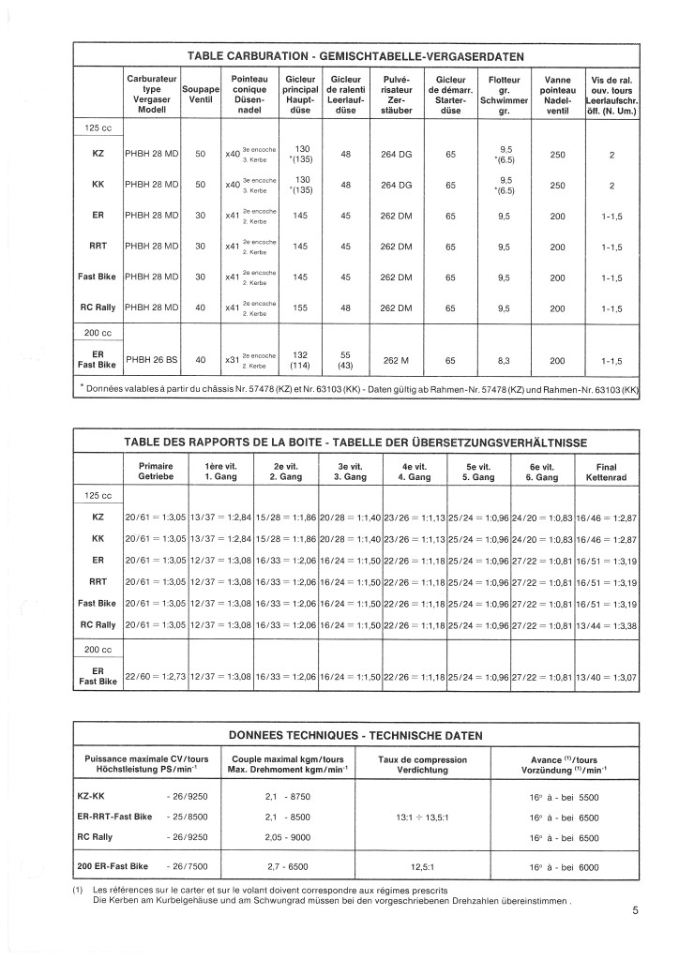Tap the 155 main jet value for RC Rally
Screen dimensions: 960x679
pos(301,307)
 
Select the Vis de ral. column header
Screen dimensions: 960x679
pos(610,95)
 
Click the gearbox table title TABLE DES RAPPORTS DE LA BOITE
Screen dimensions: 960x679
pos(355,442)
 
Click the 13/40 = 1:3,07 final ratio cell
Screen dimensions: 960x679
pos(606,676)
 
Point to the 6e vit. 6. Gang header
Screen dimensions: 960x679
pos(539,472)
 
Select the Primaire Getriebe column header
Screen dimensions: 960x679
pos(156,472)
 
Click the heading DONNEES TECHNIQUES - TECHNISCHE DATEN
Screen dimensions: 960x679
pos(355,734)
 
